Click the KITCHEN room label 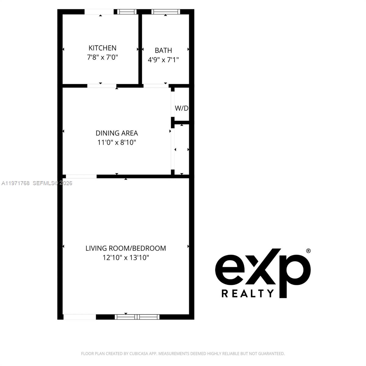click(x=102, y=48)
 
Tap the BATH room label click(x=163, y=50)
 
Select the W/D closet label click(x=181, y=108)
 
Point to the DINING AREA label click(x=117, y=133)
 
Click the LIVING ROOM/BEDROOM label click(x=126, y=248)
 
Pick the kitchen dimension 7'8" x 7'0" click(x=102, y=57)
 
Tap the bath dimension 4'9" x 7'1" click(x=163, y=60)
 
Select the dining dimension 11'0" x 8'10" click(x=117, y=142)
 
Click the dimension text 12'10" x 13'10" click(x=126, y=258)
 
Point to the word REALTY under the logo click(x=248, y=293)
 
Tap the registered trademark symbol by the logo click(x=308, y=251)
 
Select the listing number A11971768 click(x=16, y=183)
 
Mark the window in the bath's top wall click(x=166, y=12)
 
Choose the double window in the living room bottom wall click(x=137, y=317)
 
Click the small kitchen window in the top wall click(x=126, y=12)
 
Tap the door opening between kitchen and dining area click(x=102, y=86)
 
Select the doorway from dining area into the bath click(x=156, y=86)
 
